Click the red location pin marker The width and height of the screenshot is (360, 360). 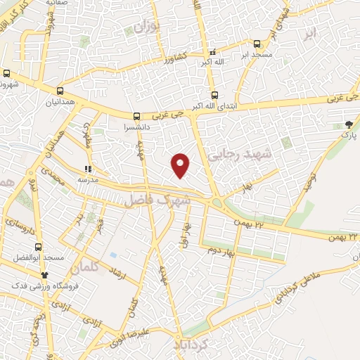coord(181,165)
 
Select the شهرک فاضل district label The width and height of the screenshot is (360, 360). coord(158,200)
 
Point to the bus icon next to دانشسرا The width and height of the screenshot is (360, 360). coord(136,117)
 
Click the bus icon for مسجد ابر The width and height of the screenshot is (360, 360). coord(257,43)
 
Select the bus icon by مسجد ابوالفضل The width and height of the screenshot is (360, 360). coord(38,247)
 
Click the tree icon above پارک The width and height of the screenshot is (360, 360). coord(349,124)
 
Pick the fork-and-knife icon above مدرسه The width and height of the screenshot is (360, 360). coord(88,169)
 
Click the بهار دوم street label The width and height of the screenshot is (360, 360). coord(216,249)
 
